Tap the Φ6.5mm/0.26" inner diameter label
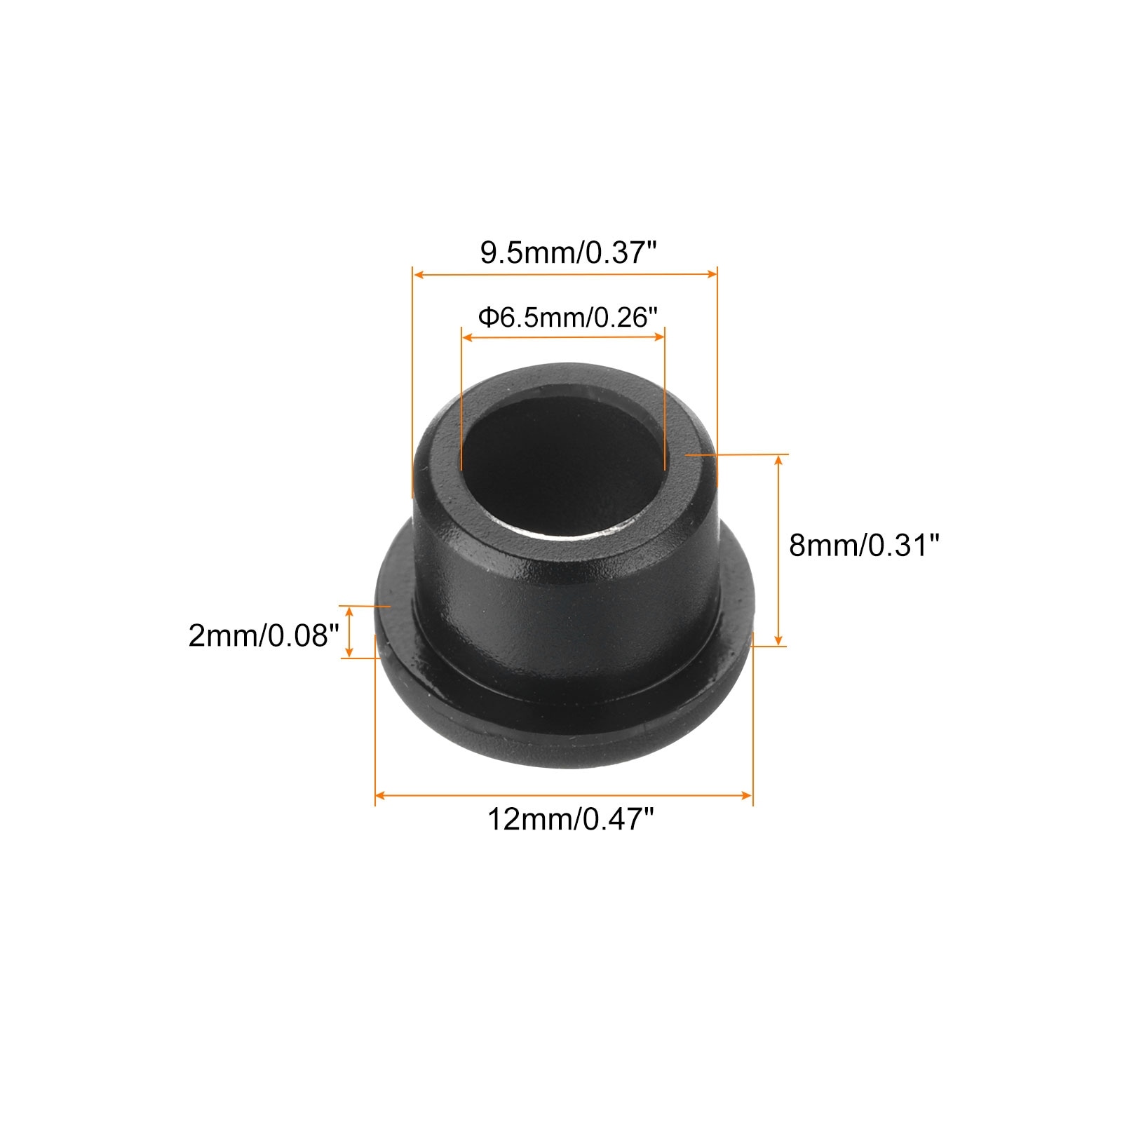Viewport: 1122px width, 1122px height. tap(568, 318)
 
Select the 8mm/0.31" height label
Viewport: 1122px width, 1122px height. tap(863, 545)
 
